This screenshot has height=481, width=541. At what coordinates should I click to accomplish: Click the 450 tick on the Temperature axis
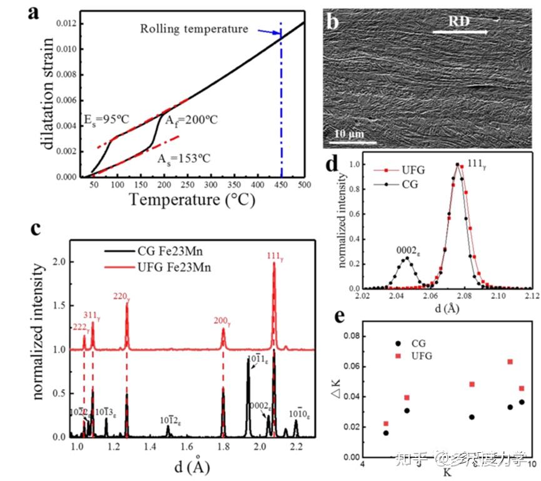click(281, 186)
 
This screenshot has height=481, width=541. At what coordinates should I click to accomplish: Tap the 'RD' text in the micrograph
click(460, 21)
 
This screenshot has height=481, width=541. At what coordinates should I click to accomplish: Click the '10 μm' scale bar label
click(345, 134)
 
